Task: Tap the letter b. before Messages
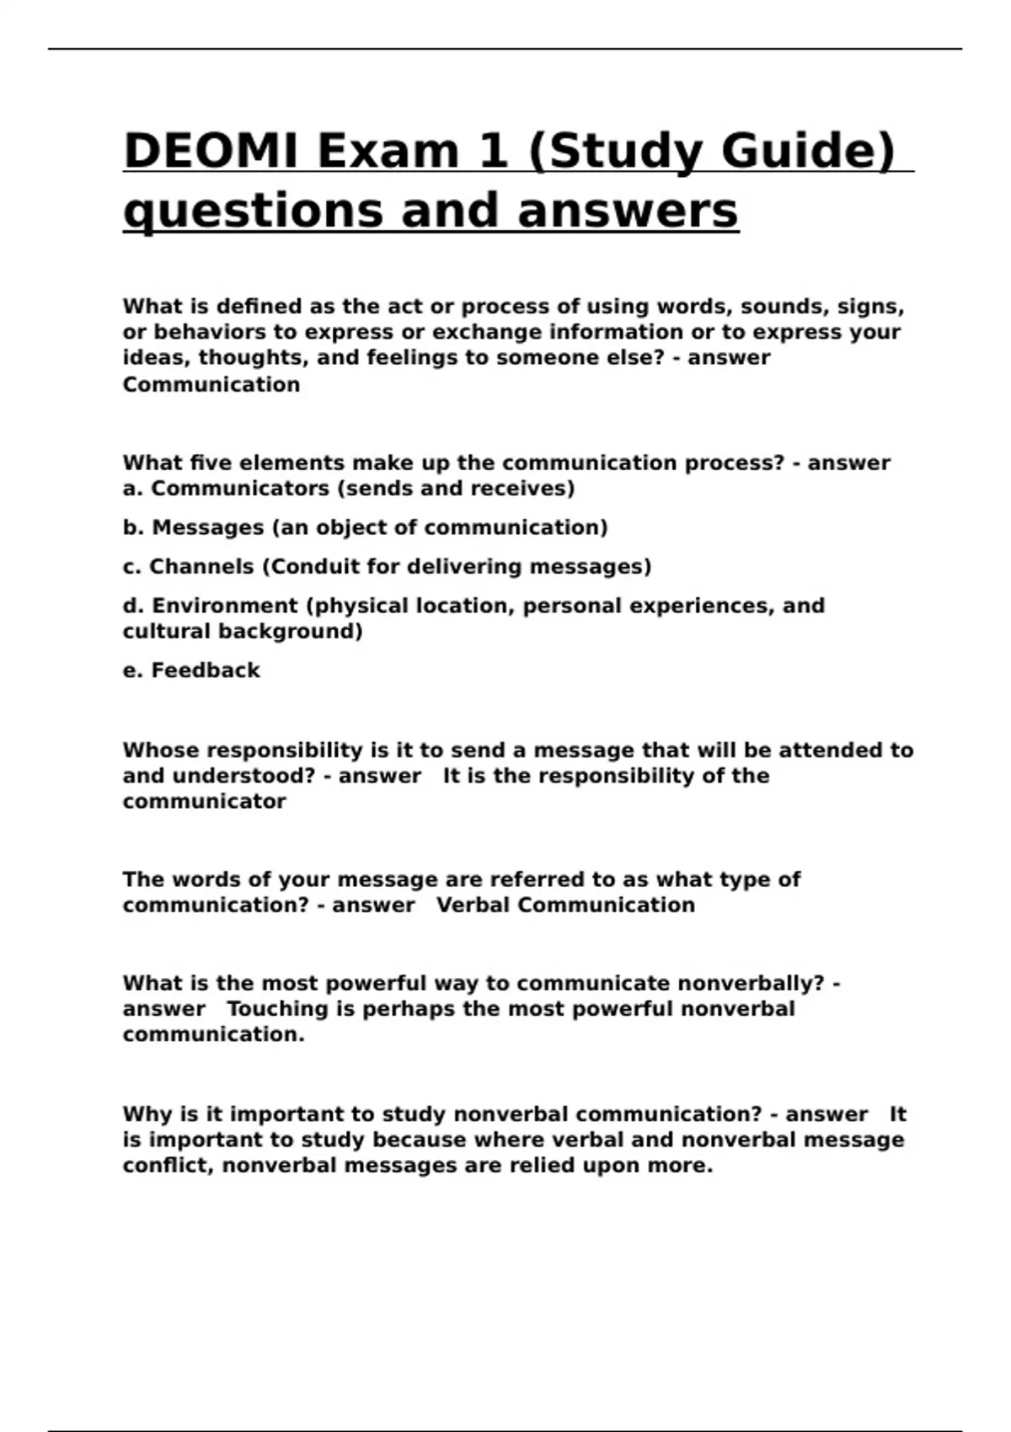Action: click(133, 528)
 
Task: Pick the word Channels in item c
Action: click(201, 567)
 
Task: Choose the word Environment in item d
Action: click(224, 606)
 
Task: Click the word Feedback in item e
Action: click(205, 671)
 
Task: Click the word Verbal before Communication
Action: click(473, 906)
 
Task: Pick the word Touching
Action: click(277, 1009)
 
